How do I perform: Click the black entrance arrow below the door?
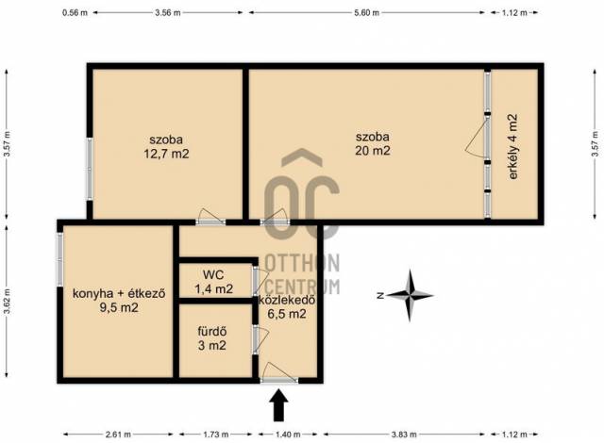click(278, 405)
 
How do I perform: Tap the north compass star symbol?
click(410, 295)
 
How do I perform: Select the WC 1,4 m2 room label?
click(214, 282)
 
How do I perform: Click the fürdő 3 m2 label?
click(211, 338)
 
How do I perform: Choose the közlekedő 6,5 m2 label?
click(287, 307)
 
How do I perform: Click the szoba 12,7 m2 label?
click(166, 146)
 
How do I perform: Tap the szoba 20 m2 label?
click(373, 143)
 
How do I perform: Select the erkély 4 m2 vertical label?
click(512, 146)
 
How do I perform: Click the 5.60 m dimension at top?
click(367, 12)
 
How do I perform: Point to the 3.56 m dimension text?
click(168, 12)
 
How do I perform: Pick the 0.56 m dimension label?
click(75, 12)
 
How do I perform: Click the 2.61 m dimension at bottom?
click(118, 435)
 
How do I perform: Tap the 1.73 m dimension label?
click(216, 435)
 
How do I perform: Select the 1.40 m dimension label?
click(287, 435)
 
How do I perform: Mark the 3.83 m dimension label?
click(404, 435)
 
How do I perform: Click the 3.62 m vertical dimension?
click(8, 301)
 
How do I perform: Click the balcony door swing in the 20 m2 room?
click(477, 138)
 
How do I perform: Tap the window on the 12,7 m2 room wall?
click(90, 169)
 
